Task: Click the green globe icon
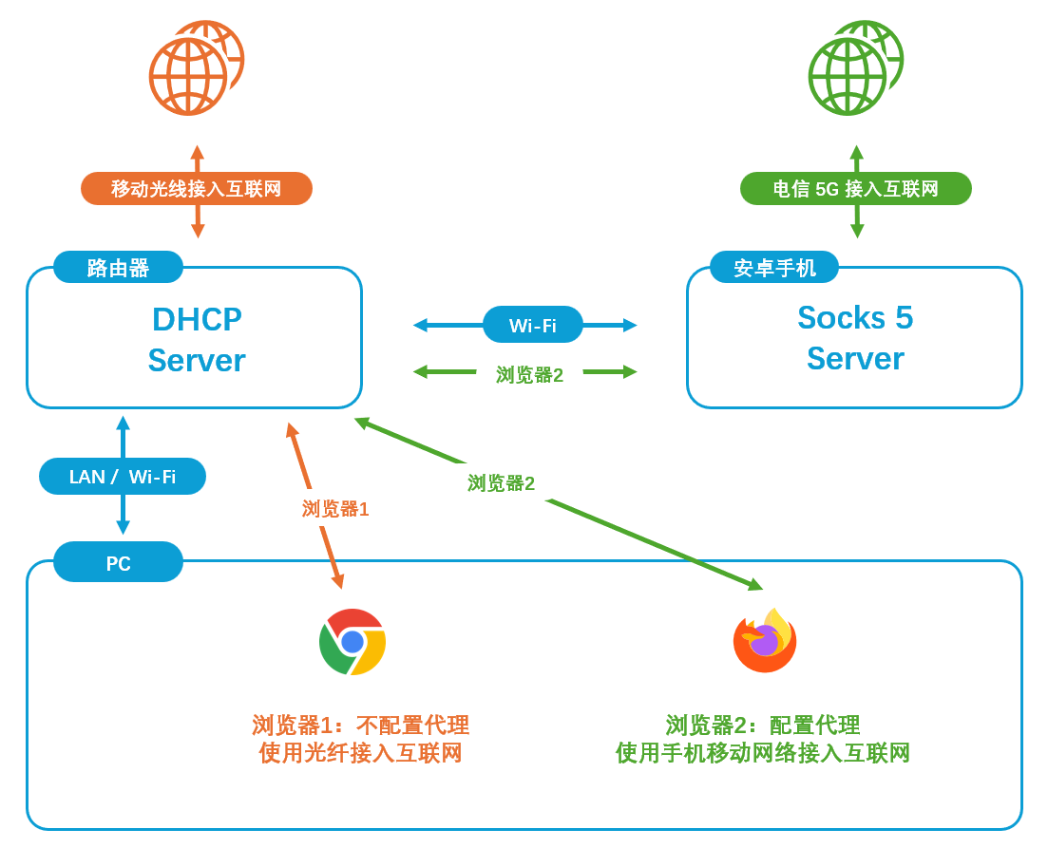(852, 69)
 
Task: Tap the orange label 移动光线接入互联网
(197, 188)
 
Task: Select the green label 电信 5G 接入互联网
(855, 188)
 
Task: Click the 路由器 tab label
(118, 268)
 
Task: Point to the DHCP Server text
(197, 340)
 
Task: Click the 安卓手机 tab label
(774, 268)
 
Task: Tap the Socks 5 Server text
(855, 338)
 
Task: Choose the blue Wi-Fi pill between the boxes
(532, 325)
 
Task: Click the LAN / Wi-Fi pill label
(123, 476)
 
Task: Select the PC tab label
(118, 563)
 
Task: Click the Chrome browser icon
(353, 642)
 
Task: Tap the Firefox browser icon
(765, 641)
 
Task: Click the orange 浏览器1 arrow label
(335, 509)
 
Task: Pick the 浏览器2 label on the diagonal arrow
(501, 483)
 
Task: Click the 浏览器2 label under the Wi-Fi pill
(529, 375)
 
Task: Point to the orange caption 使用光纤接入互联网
(360, 754)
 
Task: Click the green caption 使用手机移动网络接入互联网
(762, 754)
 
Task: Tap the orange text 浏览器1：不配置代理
(360, 726)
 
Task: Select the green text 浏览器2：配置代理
(762, 726)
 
